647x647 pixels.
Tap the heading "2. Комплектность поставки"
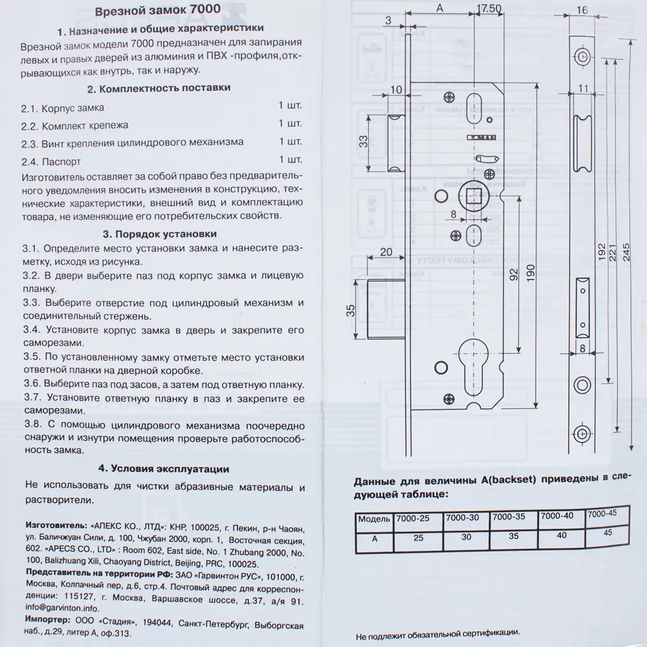pos(159,87)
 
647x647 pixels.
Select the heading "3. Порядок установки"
pos(160,234)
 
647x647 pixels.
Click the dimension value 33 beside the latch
pos(364,142)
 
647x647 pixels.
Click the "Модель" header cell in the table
pos(375,519)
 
